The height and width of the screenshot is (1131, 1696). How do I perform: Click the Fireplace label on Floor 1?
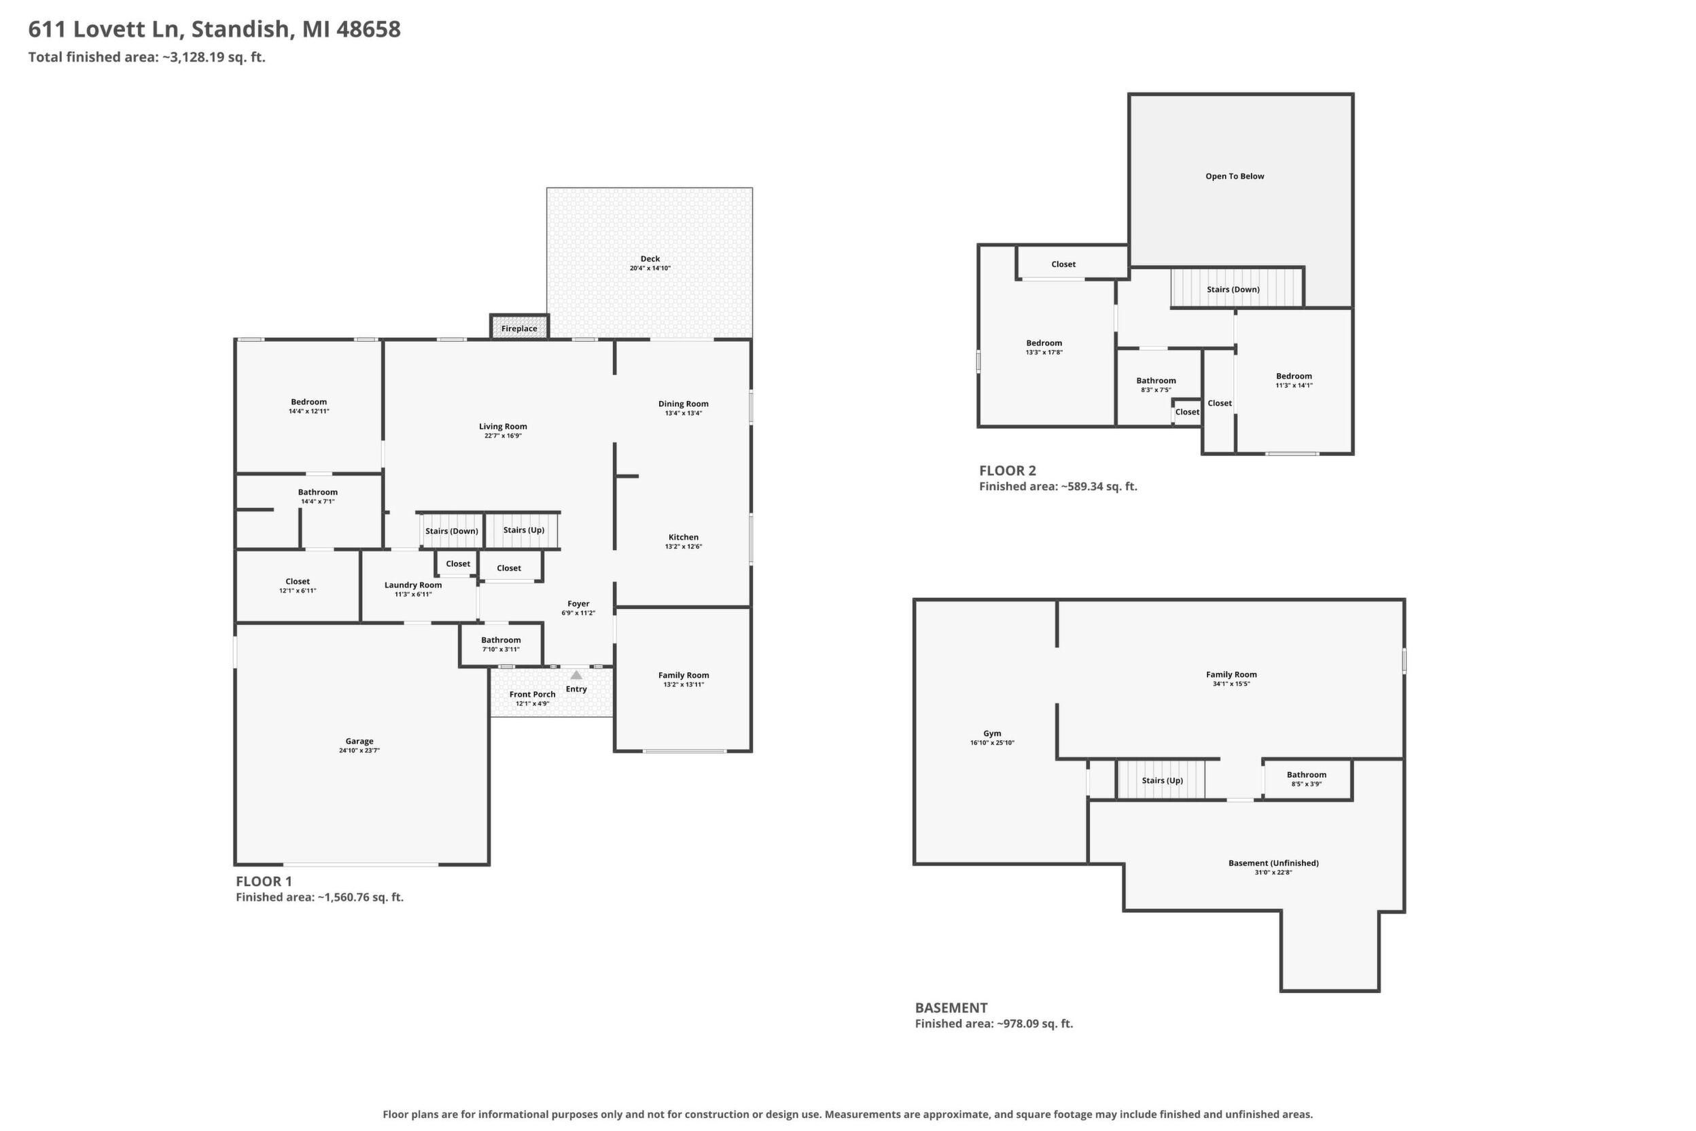[519, 329]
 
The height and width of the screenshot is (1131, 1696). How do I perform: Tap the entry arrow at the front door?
[576, 675]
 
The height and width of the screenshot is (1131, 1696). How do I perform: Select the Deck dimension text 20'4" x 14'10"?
[650, 268]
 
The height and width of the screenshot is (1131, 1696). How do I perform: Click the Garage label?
[359, 741]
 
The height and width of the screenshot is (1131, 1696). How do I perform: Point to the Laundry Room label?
[413, 585]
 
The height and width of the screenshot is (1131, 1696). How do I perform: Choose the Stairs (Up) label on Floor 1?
[523, 530]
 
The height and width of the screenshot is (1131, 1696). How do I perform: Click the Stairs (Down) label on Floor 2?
[1233, 290]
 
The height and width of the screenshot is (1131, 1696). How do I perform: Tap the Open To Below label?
[1235, 176]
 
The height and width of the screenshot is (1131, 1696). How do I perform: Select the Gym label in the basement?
[992, 733]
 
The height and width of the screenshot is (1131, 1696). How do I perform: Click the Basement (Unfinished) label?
[1273, 863]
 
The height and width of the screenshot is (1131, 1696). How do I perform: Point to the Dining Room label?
[683, 404]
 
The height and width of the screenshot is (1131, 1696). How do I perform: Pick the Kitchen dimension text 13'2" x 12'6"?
[683, 546]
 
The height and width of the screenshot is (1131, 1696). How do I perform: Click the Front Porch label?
[532, 694]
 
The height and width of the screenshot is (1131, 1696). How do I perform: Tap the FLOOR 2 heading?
[1008, 471]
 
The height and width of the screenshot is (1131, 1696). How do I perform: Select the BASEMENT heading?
[951, 1008]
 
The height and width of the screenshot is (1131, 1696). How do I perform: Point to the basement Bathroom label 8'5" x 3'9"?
[1306, 779]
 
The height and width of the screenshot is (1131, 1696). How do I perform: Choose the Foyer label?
[578, 604]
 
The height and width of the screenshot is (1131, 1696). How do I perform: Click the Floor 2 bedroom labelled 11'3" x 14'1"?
[1294, 380]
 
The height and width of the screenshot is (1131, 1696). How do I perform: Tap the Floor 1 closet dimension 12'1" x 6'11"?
[297, 591]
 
